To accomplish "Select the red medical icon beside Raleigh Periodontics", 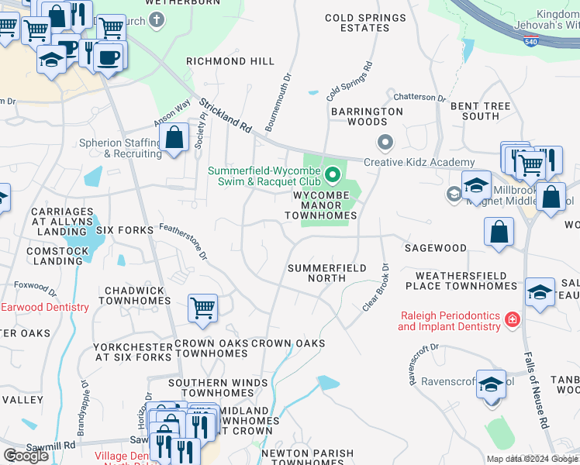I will [x=512, y=319].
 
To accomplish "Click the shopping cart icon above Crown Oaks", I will [x=202, y=308].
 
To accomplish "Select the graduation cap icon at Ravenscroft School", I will [x=491, y=384].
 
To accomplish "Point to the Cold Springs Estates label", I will [x=365, y=23].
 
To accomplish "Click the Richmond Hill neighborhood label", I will [x=230, y=61].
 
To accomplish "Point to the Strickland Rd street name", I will [x=226, y=115].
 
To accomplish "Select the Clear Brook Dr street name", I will [x=375, y=288].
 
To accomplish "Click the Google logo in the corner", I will [x=26, y=456].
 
